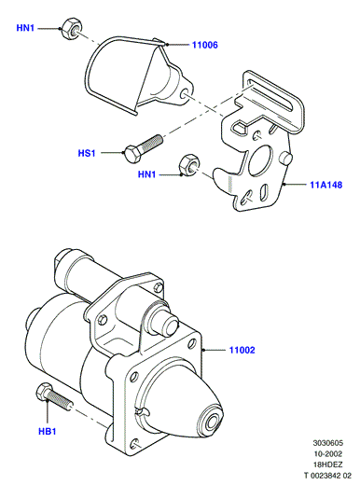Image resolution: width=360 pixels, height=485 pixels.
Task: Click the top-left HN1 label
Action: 25,28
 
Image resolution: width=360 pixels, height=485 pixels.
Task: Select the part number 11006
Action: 205,45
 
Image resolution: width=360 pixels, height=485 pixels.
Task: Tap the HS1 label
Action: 87,153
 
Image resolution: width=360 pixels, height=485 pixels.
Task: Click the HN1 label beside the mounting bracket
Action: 146,174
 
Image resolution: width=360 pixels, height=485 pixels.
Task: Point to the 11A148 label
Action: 326,185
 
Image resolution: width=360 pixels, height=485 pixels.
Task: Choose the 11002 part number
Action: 242,350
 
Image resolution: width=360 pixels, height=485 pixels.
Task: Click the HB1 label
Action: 48,431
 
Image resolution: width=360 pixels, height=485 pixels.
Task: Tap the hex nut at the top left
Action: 71,28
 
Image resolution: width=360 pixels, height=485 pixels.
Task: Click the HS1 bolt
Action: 144,148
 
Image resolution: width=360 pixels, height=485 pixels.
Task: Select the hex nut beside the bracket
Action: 188,163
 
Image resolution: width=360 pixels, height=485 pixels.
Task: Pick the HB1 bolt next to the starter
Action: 53,397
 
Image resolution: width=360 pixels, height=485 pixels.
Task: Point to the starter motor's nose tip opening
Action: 214,422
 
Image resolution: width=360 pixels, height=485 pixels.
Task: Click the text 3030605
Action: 328,443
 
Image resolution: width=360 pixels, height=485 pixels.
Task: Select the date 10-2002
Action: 328,453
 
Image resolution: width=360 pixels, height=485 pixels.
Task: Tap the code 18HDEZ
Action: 327,464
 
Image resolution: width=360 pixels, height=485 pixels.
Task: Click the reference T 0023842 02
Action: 327,476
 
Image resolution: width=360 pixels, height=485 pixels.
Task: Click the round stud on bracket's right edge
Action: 285,159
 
